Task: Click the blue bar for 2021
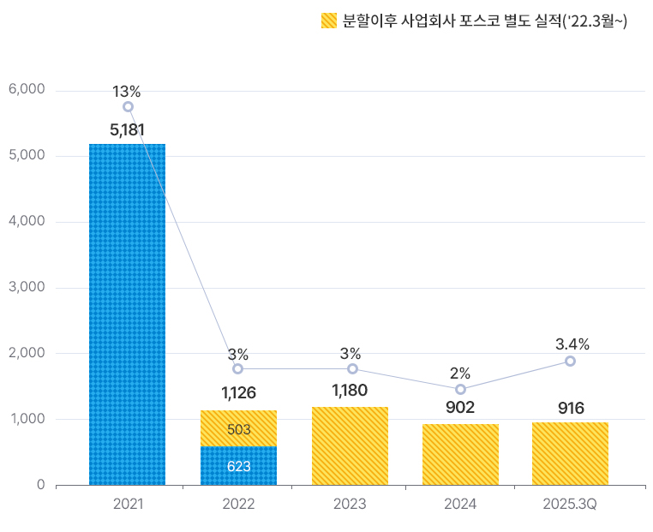128,314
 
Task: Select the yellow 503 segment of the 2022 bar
238,428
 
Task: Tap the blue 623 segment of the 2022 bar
238,466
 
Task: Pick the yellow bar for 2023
350,445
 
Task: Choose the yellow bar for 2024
460,454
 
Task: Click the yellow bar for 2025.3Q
570,453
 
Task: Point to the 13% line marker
128,107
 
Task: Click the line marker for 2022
237,368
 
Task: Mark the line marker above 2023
352,368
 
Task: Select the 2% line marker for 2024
460,389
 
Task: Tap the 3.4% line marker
570,361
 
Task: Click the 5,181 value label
128,130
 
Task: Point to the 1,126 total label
238,393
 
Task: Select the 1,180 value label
350,391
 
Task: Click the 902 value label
460,408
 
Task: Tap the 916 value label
570,408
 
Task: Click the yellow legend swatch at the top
329,21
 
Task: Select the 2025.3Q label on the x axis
570,504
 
